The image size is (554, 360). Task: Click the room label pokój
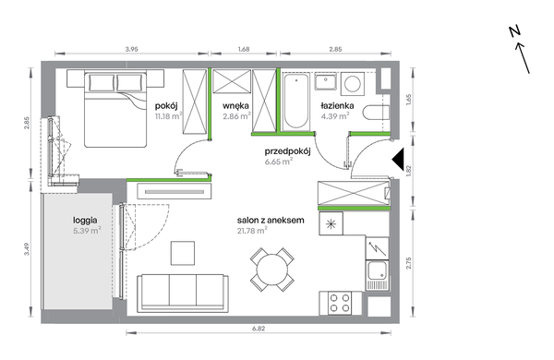click(x=165, y=105)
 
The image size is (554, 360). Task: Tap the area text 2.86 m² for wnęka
click(x=236, y=116)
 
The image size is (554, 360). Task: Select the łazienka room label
click(x=337, y=105)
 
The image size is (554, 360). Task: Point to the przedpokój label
click(x=287, y=151)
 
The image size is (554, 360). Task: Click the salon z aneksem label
click(x=271, y=220)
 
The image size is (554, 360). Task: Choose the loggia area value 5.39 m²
click(x=87, y=231)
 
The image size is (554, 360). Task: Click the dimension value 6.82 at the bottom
click(x=259, y=329)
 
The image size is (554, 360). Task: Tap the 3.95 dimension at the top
click(x=131, y=50)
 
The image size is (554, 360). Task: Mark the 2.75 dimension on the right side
click(x=409, y=263)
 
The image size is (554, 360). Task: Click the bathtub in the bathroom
click(x=296, y=101)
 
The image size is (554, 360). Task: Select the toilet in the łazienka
click(x=376, y=113)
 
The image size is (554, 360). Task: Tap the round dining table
click(x=272, y=270)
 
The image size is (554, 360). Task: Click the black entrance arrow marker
click(x=398, y=160)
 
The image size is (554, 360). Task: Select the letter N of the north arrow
click(x=515, y=31)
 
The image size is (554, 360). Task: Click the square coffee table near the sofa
click(x=183, y=253)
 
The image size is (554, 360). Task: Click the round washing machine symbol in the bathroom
click(x=353, y=84)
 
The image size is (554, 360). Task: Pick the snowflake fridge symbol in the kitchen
click(x=331, y=223)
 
